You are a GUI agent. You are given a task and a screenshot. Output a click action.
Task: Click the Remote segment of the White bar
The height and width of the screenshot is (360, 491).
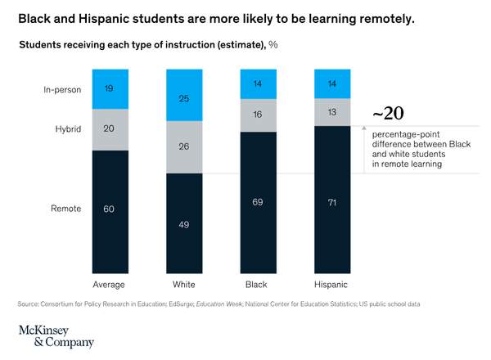pyautogui.click(x=183, y=223)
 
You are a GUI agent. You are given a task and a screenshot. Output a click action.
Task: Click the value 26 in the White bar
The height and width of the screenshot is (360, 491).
pyautogui.click(x=183, y=147)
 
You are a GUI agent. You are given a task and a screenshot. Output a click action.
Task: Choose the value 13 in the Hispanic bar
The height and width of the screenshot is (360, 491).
pyautogui.click(x=332, y=113)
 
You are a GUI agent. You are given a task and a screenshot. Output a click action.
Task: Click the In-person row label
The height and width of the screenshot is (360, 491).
pyautogui.click(x=61, y=89)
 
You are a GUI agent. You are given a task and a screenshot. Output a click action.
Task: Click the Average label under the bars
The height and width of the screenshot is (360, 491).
pyautogui.click(x=109, y=284)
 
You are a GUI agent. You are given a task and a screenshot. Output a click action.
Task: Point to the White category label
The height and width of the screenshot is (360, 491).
pyautogui.click(x=183, y=284)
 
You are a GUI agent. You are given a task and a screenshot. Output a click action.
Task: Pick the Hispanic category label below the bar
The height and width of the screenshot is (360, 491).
pyautogui.click(x=332, y=284)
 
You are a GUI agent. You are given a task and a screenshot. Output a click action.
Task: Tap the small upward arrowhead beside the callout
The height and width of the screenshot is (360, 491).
pyautogui.click(x=363, y=128)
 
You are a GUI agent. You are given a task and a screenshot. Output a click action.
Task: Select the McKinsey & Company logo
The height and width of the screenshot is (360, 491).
pyautogui.click(x=56, y=335)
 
